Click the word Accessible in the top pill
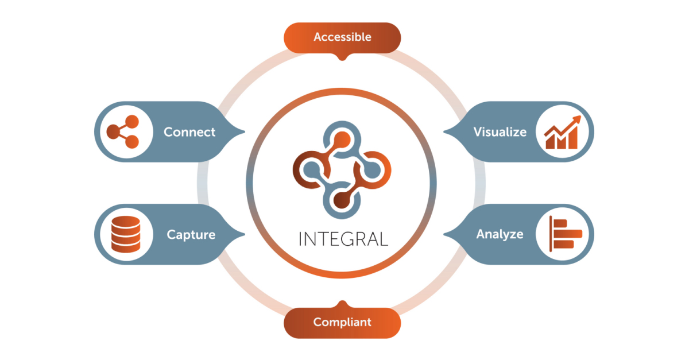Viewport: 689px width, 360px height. pos(342,37)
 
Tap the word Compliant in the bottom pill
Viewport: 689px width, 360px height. pos(342,322)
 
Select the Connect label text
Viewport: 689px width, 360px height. pos(189,132)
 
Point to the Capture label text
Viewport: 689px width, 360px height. pos(191,234)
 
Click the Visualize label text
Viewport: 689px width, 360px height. pos(500,132)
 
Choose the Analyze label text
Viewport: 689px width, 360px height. pos(500,234)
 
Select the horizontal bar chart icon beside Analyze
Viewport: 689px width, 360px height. pos(564,234)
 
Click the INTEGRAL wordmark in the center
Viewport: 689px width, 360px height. pos(343,238)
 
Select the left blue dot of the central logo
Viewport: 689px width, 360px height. pos(312,169)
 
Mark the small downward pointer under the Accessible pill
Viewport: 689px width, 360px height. pos(342,58)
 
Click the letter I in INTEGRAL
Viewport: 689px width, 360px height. pos(300,238)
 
